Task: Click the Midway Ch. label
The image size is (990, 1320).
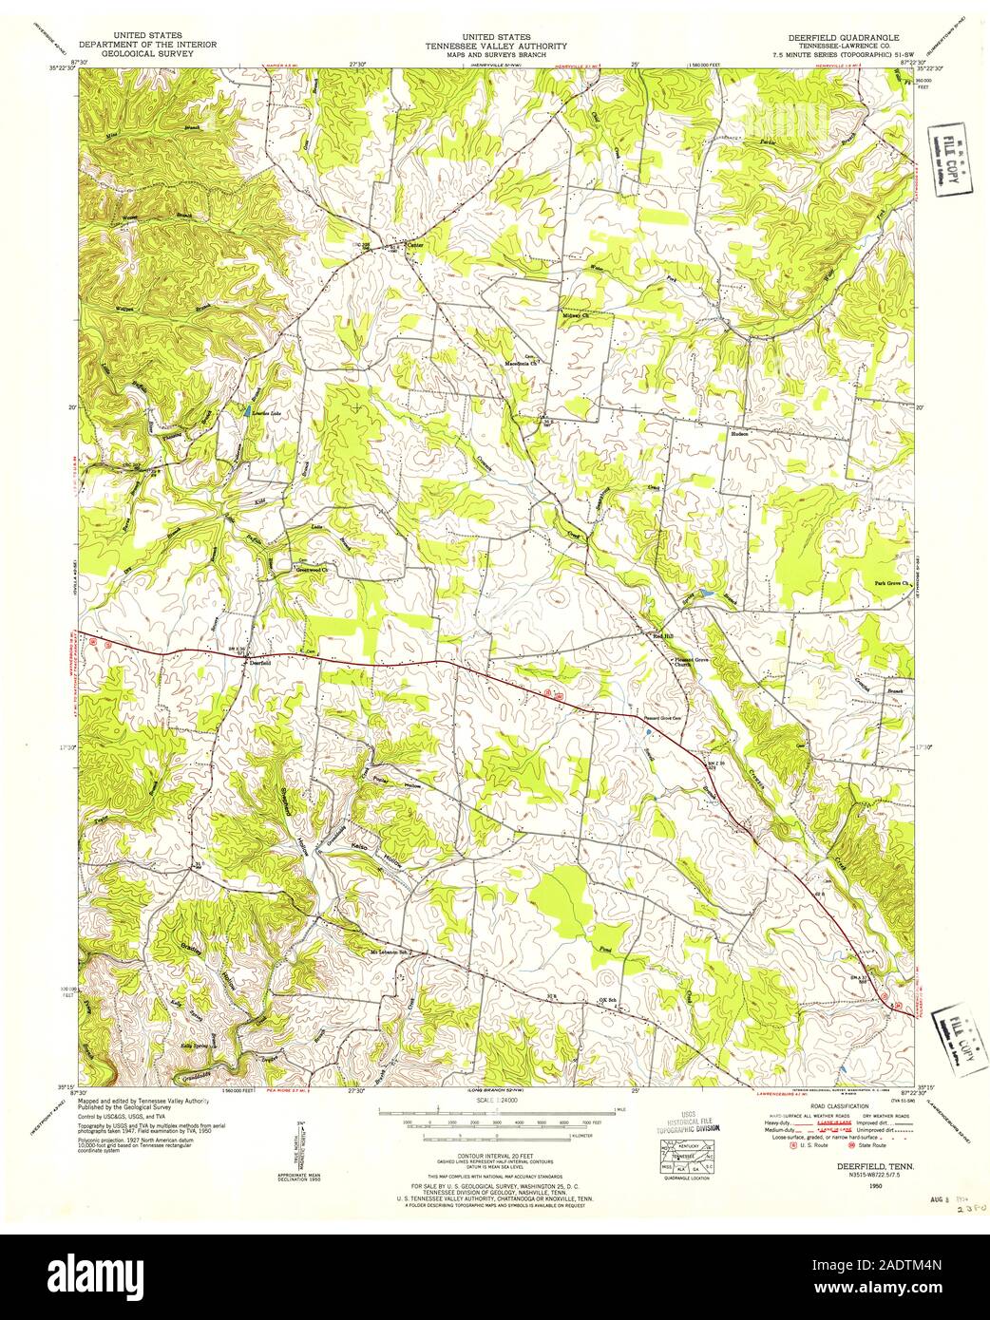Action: (x=577, y=315)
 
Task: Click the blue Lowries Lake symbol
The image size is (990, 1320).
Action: (x=249, y=412)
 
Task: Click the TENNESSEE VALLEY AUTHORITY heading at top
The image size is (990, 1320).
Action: (x=496, y=45)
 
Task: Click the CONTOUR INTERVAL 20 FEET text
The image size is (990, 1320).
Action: (x=495, y=1154)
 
